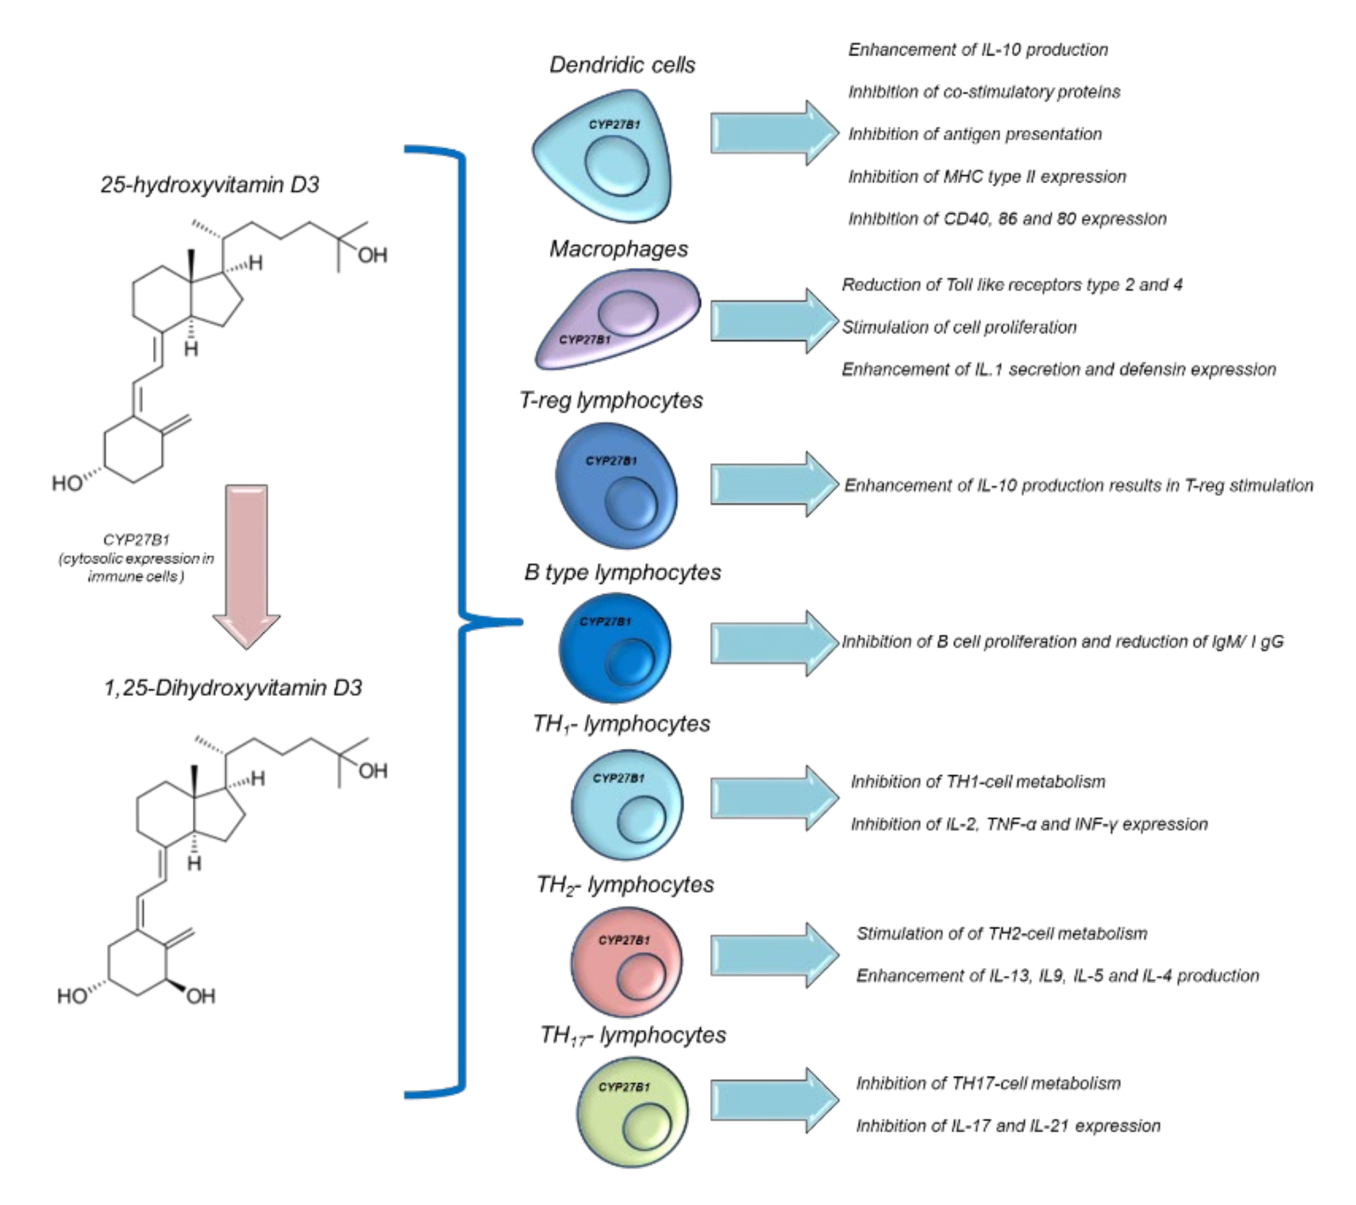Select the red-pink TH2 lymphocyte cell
click(x=626, y=962)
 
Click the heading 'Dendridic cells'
click(x=622, y=65)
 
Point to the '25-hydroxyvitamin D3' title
click(x=210, y=184)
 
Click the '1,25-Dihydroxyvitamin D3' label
click(x=232, y=687)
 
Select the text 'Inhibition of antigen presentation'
click(x=974, y=134)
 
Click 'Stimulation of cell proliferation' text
click(x=958, y=327)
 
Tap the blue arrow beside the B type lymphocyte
click(x=773, y=643)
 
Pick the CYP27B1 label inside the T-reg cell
click(x=611, y=460)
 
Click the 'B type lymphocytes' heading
click(x=622, y=572)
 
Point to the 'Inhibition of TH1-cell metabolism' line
click(x=978, y=782)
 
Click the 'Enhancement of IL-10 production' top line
click(x=978, y=50)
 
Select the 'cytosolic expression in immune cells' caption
click(x=136, y=567)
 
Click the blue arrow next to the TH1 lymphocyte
click(x=773, y=798)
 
